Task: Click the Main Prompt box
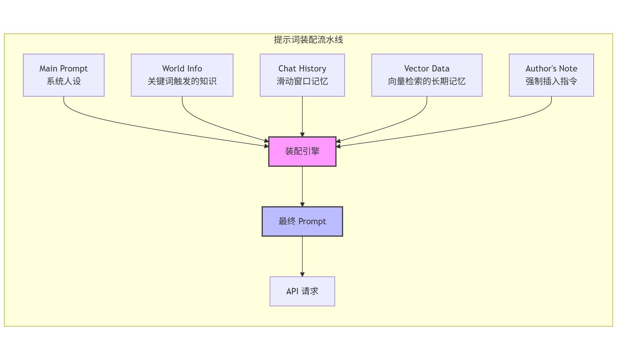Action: (64, 75)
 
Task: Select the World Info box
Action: (182, 75)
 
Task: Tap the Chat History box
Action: (302, 75)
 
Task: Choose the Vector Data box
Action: (427, 75)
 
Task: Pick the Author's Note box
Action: (551, 75)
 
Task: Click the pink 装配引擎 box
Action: (302, 151)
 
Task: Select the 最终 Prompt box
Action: (302, 221)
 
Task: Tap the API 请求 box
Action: (302, 291)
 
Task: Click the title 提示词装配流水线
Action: (308, 40)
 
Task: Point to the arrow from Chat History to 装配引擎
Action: (302, 117)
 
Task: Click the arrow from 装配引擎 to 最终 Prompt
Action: (302, 186)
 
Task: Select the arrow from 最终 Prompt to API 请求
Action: (302, 256)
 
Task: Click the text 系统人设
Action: (64, 81)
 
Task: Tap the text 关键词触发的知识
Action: (182, 81)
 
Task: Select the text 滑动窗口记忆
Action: (302, 81)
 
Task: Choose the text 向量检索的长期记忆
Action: (427, 81)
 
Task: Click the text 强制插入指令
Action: (551, 81)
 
